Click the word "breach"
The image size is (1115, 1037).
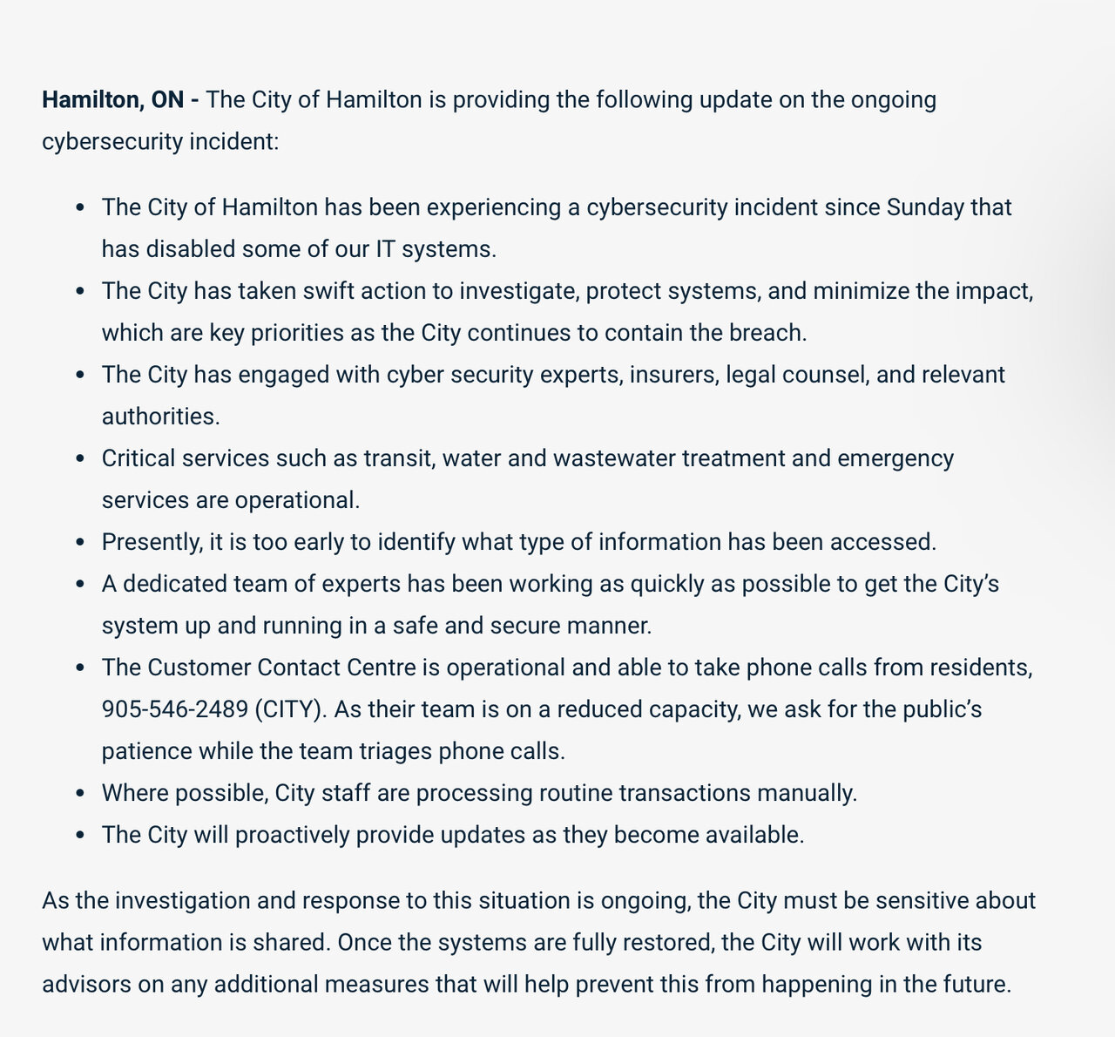point(767,333)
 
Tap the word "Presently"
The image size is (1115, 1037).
point(150,542)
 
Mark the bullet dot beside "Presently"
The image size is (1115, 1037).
point(80,543)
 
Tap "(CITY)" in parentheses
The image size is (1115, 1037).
point(291,709)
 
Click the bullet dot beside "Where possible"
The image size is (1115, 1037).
point(80,794)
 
